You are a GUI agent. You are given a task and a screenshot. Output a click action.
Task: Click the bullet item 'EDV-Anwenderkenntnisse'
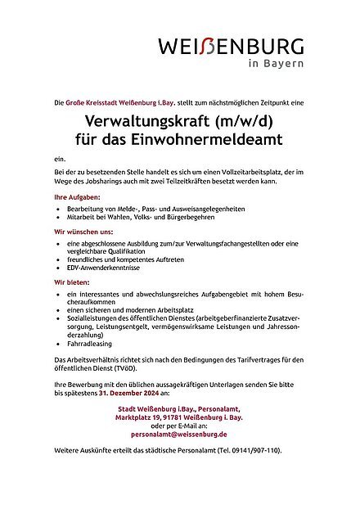[106, 268]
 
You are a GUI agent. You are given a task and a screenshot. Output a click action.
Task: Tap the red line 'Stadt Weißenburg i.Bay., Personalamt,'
[181, 407]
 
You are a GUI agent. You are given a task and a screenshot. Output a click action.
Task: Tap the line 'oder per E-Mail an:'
[181, 425]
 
